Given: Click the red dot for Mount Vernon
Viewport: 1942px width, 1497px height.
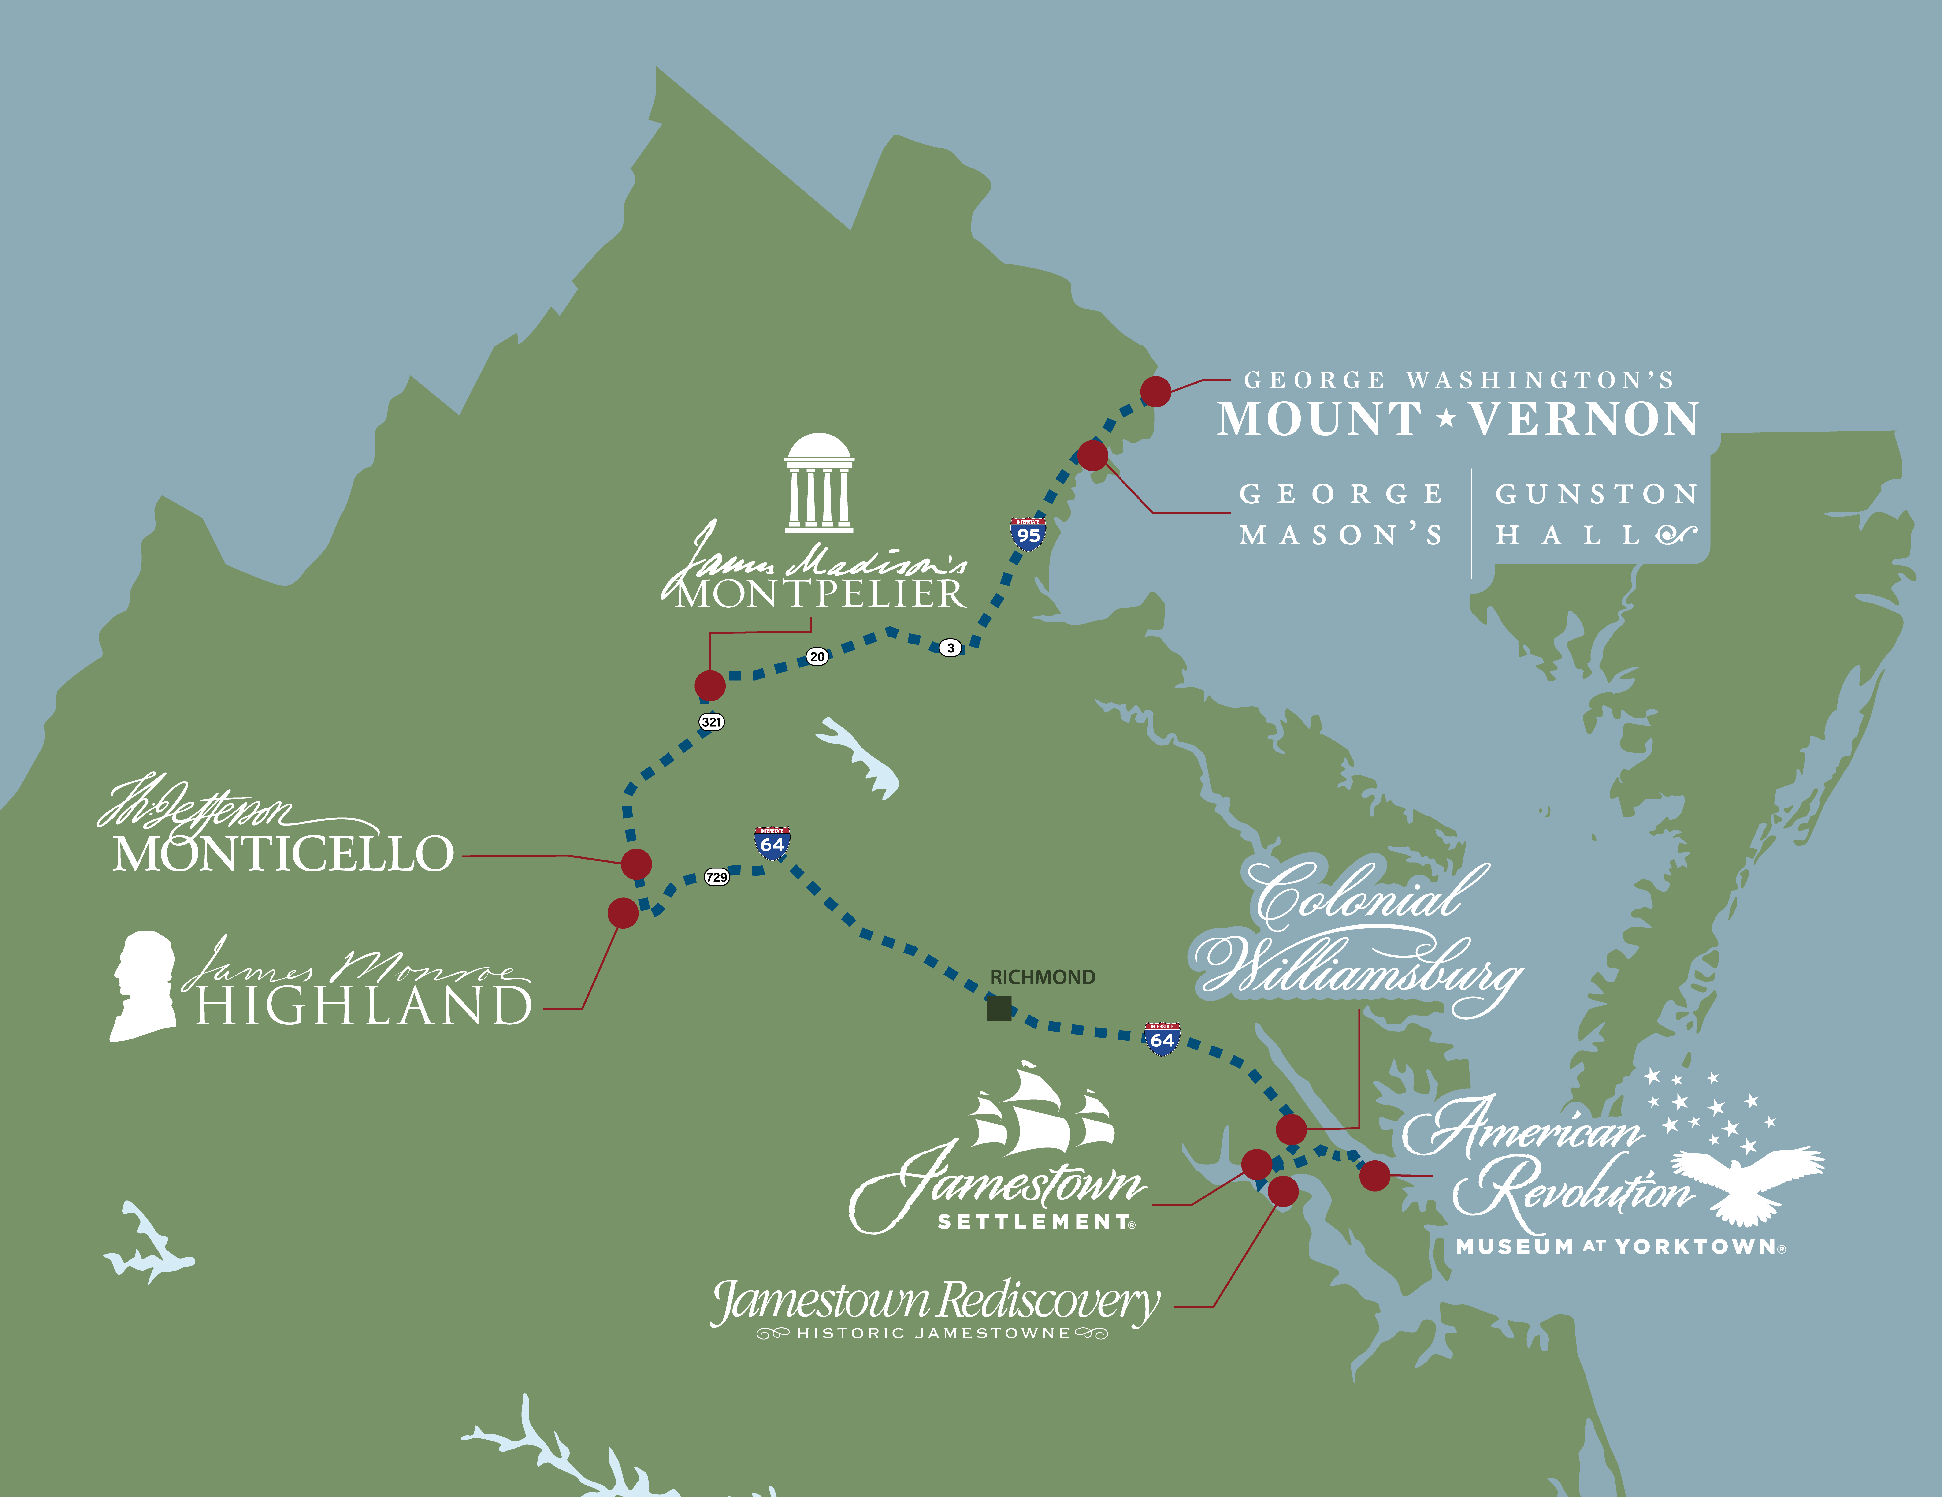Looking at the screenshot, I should click(x=1155, y=391).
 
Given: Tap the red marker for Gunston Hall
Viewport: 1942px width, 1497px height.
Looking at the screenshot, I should click(x=1093, y=455).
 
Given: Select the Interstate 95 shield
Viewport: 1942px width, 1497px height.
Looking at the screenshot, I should click(x=1028, y=535).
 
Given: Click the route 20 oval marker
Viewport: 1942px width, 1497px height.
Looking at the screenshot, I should click(x=817, y=656).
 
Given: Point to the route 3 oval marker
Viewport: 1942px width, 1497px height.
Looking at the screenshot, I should click(x=951, y=648).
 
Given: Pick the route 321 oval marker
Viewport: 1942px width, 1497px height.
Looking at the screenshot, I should click(x=711, y=721).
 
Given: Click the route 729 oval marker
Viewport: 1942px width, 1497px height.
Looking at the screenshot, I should click(x=717, y=877).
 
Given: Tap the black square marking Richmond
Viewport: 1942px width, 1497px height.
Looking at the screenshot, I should click(x=999, y=1009).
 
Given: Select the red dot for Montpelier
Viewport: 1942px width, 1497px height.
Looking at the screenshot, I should click(x=709, y=686).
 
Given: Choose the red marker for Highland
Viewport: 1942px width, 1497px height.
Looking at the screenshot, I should click(x=622, y=913).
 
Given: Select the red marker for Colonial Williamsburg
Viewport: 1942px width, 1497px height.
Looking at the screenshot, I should click(x=1291, y=1130).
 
